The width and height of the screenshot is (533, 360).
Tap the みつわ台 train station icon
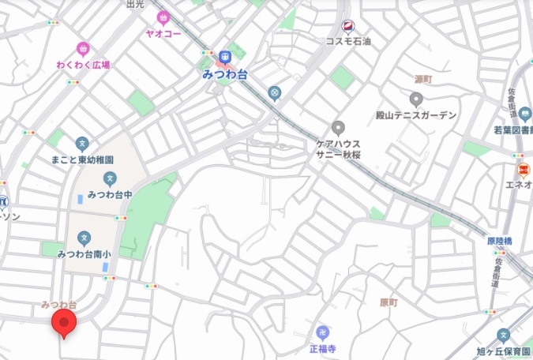[226, 56]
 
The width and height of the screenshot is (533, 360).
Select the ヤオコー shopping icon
[164, 17]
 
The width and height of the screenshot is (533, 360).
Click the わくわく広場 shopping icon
[83, 48]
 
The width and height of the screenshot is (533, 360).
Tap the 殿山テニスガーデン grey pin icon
[416, 99]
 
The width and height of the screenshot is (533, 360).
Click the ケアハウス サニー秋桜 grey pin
[339, 127]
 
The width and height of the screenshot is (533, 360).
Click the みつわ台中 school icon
[109, 178]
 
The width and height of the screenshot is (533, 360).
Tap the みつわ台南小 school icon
[85, 238]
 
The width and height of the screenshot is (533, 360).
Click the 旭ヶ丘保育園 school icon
[504, 335]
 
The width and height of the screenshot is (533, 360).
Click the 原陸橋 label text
[500, 240]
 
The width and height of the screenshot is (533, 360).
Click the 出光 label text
[136, 4]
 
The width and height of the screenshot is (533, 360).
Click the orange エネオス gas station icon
[523, 170]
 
